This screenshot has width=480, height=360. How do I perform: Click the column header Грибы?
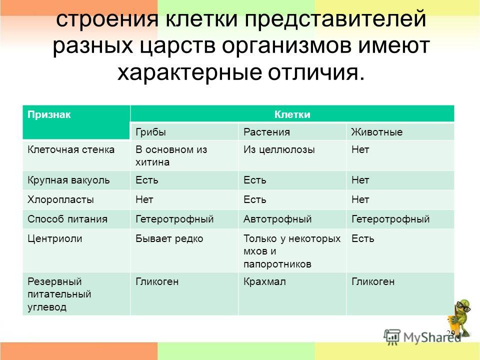[x=150, y=132]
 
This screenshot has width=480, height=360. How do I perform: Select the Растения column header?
[x=266, y=132]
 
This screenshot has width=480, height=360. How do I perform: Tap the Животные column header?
[x=377, y=132]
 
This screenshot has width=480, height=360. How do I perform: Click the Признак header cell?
[x=49, y=115]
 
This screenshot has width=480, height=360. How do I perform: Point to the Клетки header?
[x=292, y=114]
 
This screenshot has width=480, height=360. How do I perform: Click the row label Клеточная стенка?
[x=71, y=149]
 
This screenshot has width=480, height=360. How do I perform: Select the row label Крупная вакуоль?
[x=68, y=180]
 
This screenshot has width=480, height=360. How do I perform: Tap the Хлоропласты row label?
[x=60, y=199]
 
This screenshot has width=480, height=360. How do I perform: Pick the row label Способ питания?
[x=67, y=219]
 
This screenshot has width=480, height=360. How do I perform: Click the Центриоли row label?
[x=55, y=239]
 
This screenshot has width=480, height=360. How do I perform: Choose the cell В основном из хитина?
[x=171, y=156]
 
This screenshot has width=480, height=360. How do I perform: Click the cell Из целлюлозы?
[x=279, y=150]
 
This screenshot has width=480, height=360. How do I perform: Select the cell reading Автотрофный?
[x=277, y=219]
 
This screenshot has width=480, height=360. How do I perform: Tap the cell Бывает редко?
[x=169, y=239]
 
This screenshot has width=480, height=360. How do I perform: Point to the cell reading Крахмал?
[x=265, y=281]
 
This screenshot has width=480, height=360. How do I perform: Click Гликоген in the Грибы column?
[x=157, y=281]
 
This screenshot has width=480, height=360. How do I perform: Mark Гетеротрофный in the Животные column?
[x=390, y=219]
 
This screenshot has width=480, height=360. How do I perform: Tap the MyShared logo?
[x=422, y=337]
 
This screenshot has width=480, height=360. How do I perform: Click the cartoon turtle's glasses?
[x=464, y=306]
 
